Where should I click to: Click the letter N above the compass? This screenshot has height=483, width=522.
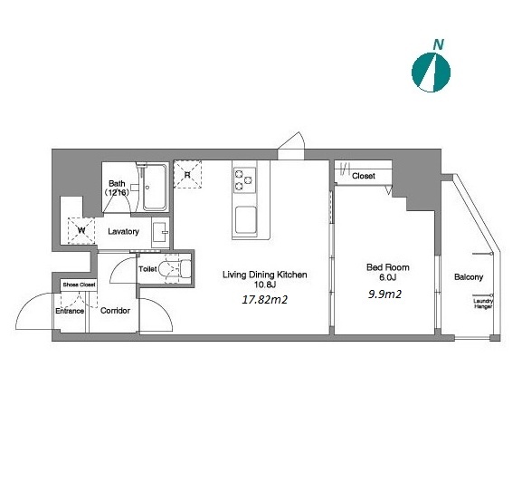tap(438, 44)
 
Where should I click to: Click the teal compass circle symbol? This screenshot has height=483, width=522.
tap(432, 72)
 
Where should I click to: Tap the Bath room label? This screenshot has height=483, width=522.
tap(117, 188)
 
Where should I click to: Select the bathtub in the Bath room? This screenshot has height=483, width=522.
tap(155, 188)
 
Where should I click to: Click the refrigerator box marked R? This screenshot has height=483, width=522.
tap(187, 175)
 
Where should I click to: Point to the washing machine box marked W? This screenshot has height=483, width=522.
tap(81, 230)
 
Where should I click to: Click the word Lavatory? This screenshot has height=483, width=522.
tap(123, 231)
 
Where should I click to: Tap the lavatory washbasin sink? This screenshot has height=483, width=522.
tap(160, 233)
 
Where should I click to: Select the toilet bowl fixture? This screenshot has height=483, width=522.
tap(175, 269)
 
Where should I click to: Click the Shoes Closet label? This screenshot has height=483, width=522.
tap(80, 285)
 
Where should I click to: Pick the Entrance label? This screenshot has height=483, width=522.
tap(70, 311)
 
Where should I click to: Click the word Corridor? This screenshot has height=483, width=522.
tap(115, 311)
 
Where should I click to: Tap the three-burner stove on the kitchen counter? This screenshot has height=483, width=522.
tap(245, 180)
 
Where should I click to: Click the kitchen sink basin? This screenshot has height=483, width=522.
tap(246, 220)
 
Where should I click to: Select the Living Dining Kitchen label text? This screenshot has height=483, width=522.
tap(265, 275)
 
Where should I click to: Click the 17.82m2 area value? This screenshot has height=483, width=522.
tap(265, 300)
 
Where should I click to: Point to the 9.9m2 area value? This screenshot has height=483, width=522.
tap(384, 294)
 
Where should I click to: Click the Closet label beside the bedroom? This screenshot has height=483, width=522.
tap(364, 176)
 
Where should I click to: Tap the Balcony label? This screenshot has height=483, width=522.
tap(469, 277)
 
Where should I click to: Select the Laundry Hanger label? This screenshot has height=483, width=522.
tap(483, 304)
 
